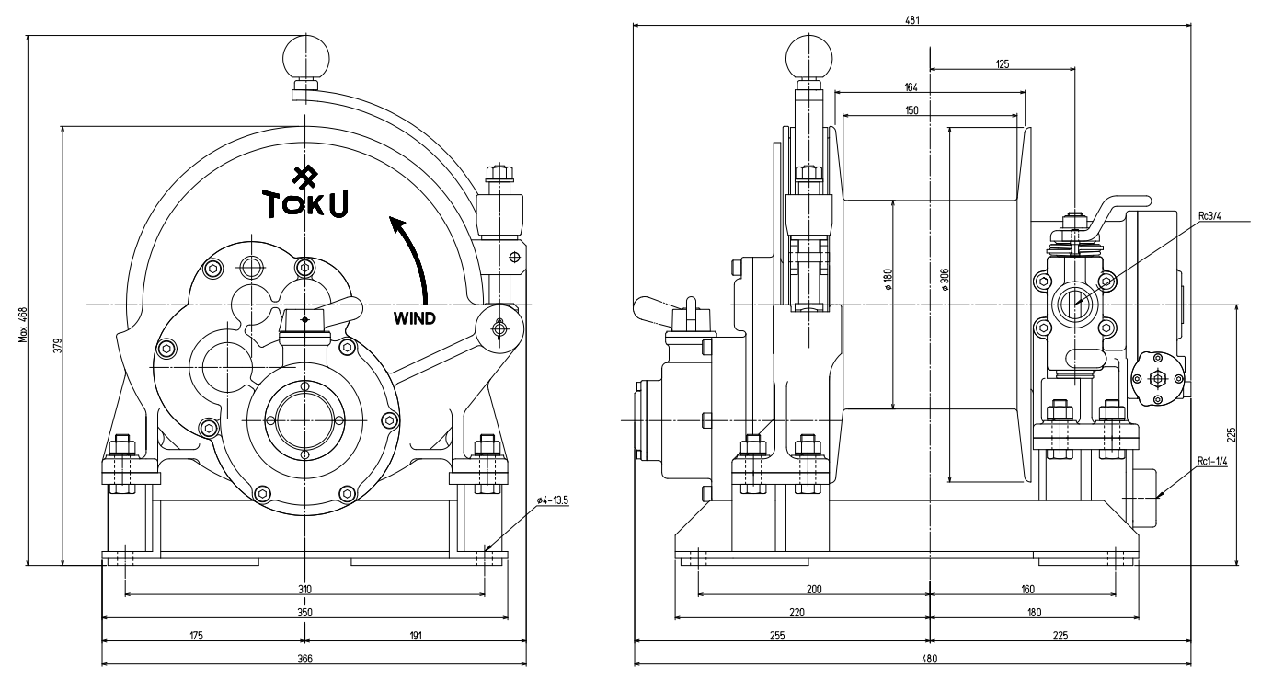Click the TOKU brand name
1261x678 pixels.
(305, 203)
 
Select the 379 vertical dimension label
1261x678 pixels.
(57, 356)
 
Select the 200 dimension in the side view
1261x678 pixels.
(813, 589)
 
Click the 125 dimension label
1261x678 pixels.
(1002, 64)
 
